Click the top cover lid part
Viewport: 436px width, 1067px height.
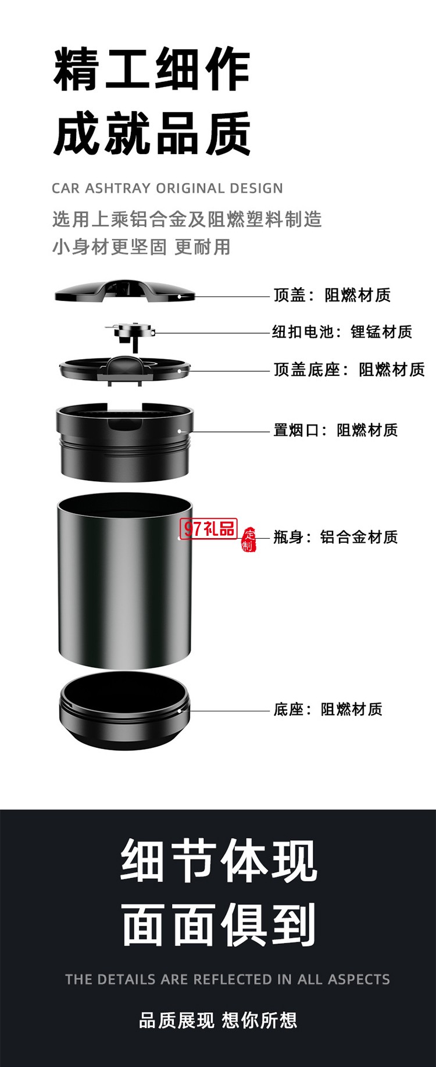(124, 291)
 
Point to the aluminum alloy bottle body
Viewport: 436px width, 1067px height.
(124, 581)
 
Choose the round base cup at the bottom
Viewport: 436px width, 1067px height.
(124, 711)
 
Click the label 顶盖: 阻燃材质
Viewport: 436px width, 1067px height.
(332, 295)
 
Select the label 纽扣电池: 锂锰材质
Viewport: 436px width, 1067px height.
(342, 332)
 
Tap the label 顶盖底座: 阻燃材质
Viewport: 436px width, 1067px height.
(349, 370)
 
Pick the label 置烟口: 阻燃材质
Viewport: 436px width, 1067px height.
(335, 430)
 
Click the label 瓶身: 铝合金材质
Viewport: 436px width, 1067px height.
(335, 537)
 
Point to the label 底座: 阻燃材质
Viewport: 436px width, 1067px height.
(328, 710)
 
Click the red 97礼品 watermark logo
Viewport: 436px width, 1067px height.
(209, 528)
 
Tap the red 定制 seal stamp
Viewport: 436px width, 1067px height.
(249, 539)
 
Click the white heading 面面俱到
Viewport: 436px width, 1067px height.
(219, 924)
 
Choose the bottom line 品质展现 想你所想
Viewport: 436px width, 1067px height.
(218, 1020)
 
